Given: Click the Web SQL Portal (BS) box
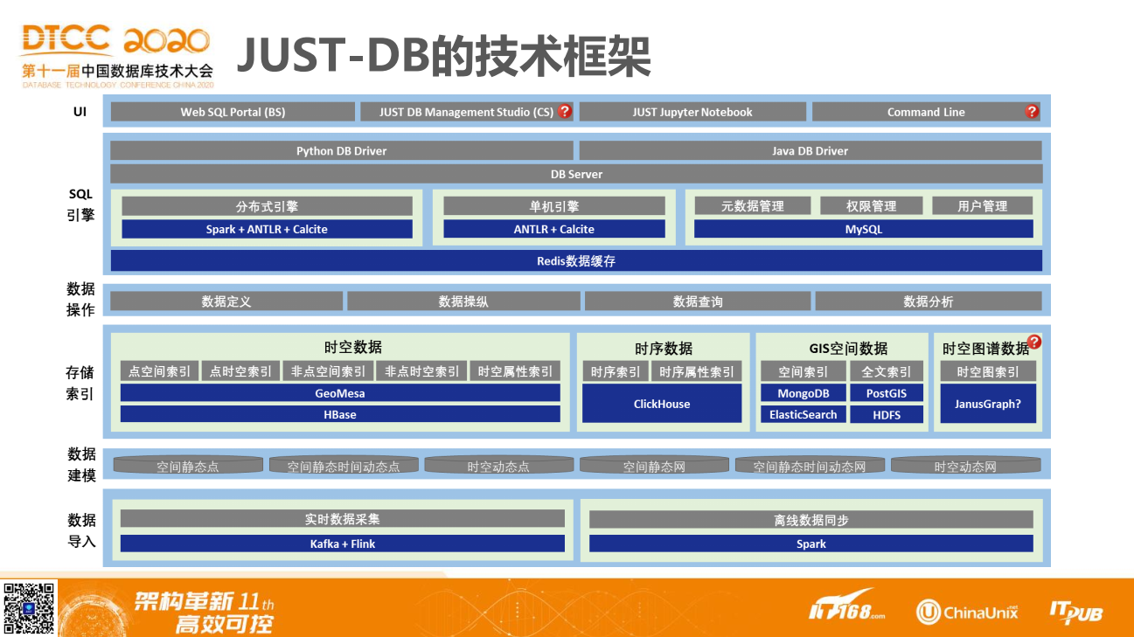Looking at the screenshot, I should tap(233, 112).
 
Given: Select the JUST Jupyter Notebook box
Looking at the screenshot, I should tap(692, 112).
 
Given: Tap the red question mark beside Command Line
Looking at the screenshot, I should tap(1032, 111).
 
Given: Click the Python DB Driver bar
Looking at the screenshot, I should tap(341, 150).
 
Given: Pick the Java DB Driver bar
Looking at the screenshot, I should tap(810, 150).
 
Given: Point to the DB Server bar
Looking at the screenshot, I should tap(576, 174).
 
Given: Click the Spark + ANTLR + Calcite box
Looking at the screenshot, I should tap(267, 229).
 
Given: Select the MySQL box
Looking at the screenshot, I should tap(863, 229).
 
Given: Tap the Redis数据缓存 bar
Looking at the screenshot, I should tap(576, 260).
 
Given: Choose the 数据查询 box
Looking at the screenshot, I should tap(697, 301).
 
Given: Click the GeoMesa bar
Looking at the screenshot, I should tap(340, 393).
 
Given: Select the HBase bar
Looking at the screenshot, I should tap(340, 414).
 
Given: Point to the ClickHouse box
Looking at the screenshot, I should tap(662, 404).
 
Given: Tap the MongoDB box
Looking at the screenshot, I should tap(803, 393).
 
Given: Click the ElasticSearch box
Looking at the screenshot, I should tap(803, 414).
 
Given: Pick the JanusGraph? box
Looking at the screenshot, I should tap(988, 404).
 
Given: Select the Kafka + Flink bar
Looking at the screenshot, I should tap(342, 544).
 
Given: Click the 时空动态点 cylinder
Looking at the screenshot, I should tap(498, 466).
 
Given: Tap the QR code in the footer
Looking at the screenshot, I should tap(29, 607).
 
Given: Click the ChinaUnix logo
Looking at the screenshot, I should tap(967, 611).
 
